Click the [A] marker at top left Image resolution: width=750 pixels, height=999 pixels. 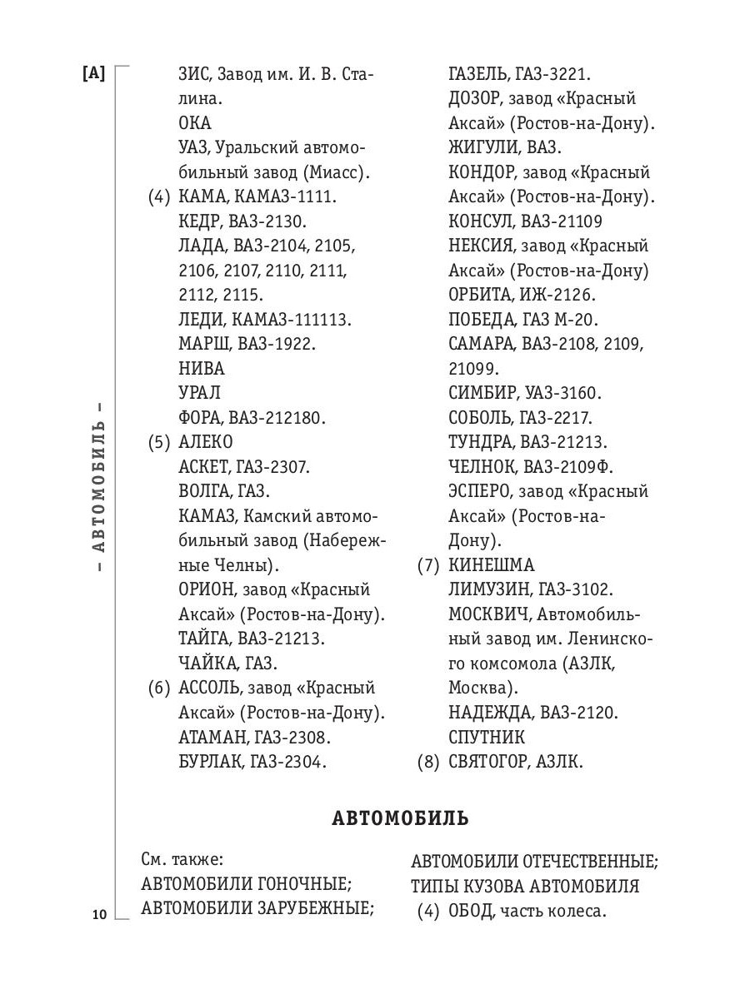click(93, 74)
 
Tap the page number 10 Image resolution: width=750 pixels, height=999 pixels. click(98, 915)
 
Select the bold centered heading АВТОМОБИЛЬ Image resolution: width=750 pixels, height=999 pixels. click(400, 818)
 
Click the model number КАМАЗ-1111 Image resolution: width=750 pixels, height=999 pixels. click(283, 197)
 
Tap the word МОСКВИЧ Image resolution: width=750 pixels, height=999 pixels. click(487, 614)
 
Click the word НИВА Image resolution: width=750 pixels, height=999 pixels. click(202, 369)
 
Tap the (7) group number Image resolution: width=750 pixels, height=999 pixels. click(428, 565)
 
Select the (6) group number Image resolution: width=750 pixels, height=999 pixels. click(159, 688)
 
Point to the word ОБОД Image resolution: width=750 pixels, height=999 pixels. click(470, 912)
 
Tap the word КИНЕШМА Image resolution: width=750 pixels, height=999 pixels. click(491, 565)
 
